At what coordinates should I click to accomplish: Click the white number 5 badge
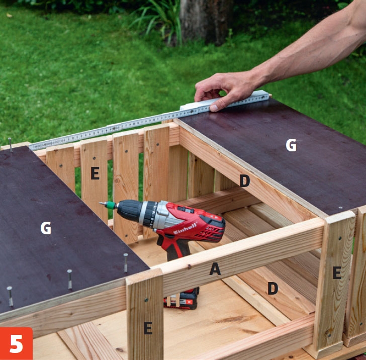pyautogui.click(x=16, y=343)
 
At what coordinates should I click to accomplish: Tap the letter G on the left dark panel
pyautogui.click(x=46, y=228)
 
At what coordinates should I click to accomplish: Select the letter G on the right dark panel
pyautogui.click(x=291, y=145)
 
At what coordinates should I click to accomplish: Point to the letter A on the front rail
pyautogui.click(x=215, y=268)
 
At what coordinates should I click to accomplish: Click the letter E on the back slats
pyautogui.click(x=95, y=173)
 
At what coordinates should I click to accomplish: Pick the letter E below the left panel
pyautogui.click(x=148, y=327)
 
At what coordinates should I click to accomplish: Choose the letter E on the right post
pyautogui.click(x=337, y=273)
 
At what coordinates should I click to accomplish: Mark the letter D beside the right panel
pyautogui.click(x=245, y=181)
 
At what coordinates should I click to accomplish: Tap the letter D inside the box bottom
pyautogui.click(x=272, y=288)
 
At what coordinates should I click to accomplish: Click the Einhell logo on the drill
pyautogui.click(x=185, y=228)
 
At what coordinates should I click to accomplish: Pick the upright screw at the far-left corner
pyautogui.click(x=10, y=145)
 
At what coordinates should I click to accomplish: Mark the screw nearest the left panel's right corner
pyautogui.click(x=126, y=262)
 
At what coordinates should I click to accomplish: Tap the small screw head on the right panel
pyautogui.click(x=340, y=208)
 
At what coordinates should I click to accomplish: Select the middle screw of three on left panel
pyautogui.click(x=69, y=279)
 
